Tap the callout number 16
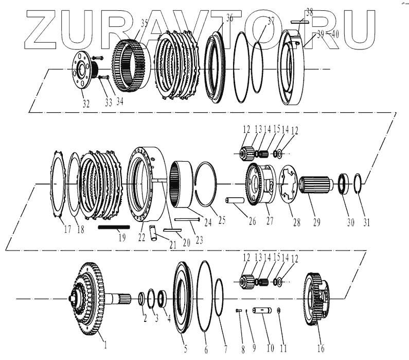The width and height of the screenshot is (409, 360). [x=321, y=349]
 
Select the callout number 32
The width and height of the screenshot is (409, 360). [x=85, y=104]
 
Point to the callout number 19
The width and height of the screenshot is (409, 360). [x=122, y=237]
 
